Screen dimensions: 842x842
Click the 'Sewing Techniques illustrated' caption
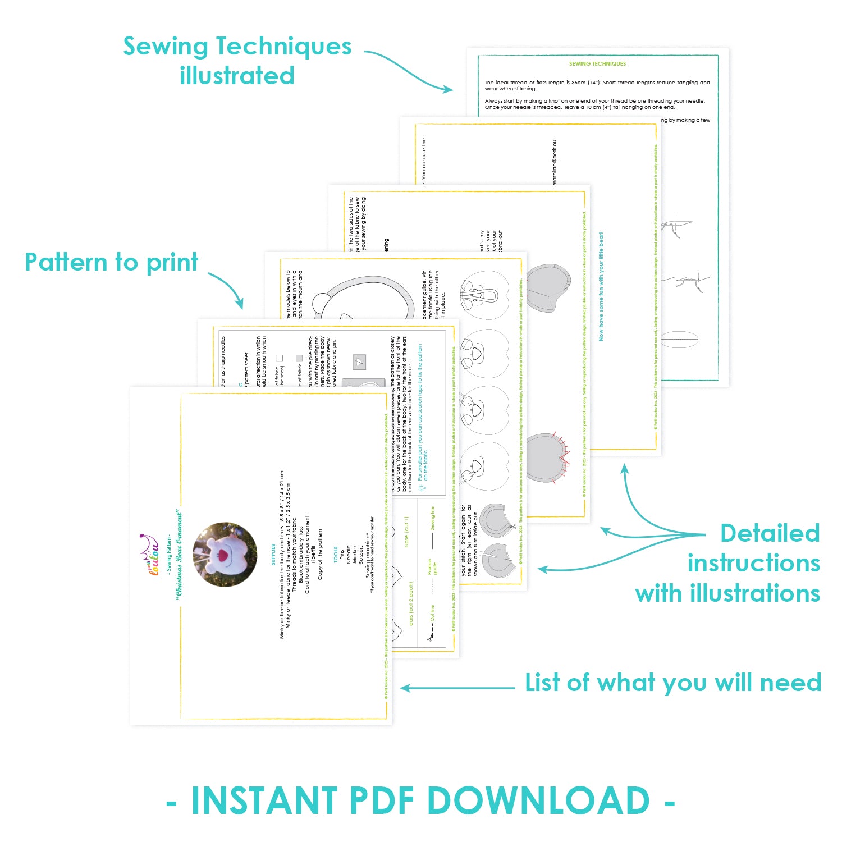tap(237, 61)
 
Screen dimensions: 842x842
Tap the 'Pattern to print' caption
tap(112, 262)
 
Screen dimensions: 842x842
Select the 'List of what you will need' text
tap(672, 683)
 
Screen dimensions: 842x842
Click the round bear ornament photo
tap(225, 555)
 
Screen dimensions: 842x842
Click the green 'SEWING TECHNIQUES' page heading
tap(597, 64)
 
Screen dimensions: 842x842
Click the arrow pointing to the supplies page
tap(457, 688)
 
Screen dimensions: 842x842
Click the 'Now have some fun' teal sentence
tap(601, 286)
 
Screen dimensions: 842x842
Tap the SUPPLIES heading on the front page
tap(273, 555)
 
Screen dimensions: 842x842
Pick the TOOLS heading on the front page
tap(335, 555)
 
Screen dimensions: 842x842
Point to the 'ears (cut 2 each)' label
tap(411, 604)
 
